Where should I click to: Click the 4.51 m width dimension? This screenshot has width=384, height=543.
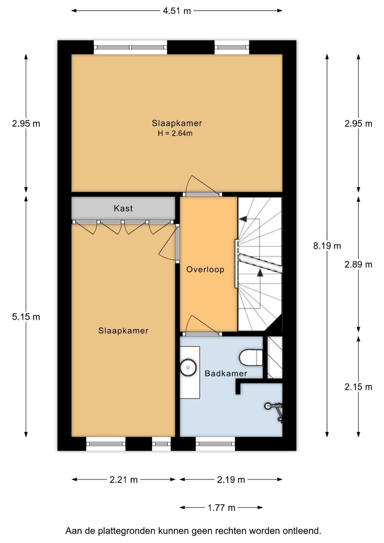[x=177, y=11]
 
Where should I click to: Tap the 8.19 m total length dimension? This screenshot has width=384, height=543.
[x=327, y=246]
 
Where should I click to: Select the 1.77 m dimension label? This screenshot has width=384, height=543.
[x=221, y=508]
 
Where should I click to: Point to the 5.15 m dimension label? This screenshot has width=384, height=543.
[x=26, y=317]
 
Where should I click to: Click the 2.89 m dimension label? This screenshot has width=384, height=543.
[x=358, y=264]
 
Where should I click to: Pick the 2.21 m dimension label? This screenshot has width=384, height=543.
[x=124, y=480]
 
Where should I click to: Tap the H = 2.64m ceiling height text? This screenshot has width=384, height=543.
[x=175, y=133]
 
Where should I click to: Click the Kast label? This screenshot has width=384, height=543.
[x=123, y=209]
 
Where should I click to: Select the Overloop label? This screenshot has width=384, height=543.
[x=205, y=270]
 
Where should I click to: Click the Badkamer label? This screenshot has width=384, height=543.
[x=226, y=373]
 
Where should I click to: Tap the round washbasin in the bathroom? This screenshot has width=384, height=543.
[x=188, y=368]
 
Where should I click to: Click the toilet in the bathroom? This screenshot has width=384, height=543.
[x=251, y=357]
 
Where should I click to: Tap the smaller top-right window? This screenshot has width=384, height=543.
[x=232, y=47]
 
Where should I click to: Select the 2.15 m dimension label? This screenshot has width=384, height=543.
[x=358, y=387]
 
